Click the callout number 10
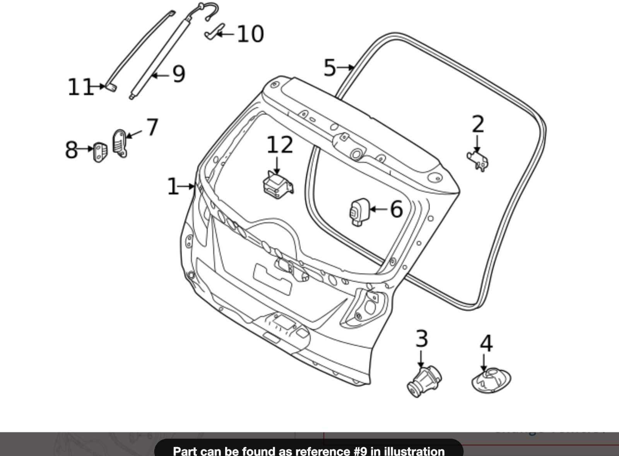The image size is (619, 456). [250, 34]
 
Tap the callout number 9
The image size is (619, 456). [179, 74]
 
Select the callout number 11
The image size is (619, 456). [80, 87]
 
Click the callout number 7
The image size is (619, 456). [152, 127]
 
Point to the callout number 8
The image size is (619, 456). [71, 150]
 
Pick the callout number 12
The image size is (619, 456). [280, 145]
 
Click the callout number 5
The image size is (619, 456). [330, 68]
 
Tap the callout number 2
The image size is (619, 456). [478, 124]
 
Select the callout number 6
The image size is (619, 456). [396, 209]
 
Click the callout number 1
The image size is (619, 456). [173, 186]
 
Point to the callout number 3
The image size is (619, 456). [421, 338]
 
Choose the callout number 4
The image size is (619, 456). [486, 343]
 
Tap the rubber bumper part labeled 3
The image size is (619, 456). [424, 382]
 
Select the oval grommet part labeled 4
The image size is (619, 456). [491, 380]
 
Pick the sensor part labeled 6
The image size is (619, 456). [359, 212]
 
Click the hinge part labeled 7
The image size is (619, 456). [120, 144]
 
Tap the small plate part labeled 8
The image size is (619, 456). [100, 152]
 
